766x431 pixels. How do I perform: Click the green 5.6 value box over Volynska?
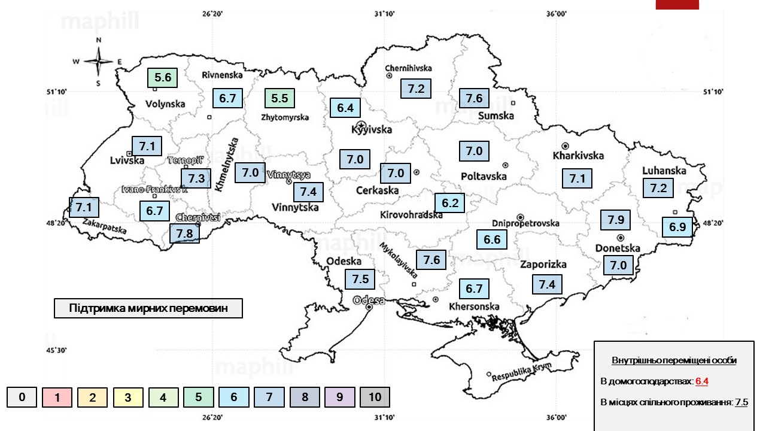[163, 77]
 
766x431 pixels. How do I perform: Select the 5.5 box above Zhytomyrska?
[279, 98]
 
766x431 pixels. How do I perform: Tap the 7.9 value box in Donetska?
[616, 220]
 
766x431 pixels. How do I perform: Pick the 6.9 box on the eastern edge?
[677, 227]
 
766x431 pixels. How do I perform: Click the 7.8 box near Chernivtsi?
[184, 233]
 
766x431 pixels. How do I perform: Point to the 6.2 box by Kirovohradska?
[450, 204]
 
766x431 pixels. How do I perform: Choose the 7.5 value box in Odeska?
[360, 280]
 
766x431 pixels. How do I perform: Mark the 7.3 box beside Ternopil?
[196, 178]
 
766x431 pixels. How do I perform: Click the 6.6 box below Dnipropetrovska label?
[492, 240]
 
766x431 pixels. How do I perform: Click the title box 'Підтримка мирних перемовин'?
[148, 308]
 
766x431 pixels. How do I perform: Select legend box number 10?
[375, 397]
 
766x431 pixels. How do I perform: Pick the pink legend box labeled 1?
[57, 397]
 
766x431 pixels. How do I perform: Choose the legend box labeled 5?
[199, 397]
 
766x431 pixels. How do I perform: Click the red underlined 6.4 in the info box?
[702, 381]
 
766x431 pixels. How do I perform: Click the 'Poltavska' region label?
[484, 176]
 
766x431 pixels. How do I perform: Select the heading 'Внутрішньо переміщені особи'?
[674, 361]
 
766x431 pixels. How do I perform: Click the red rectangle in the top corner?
[677, 4]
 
